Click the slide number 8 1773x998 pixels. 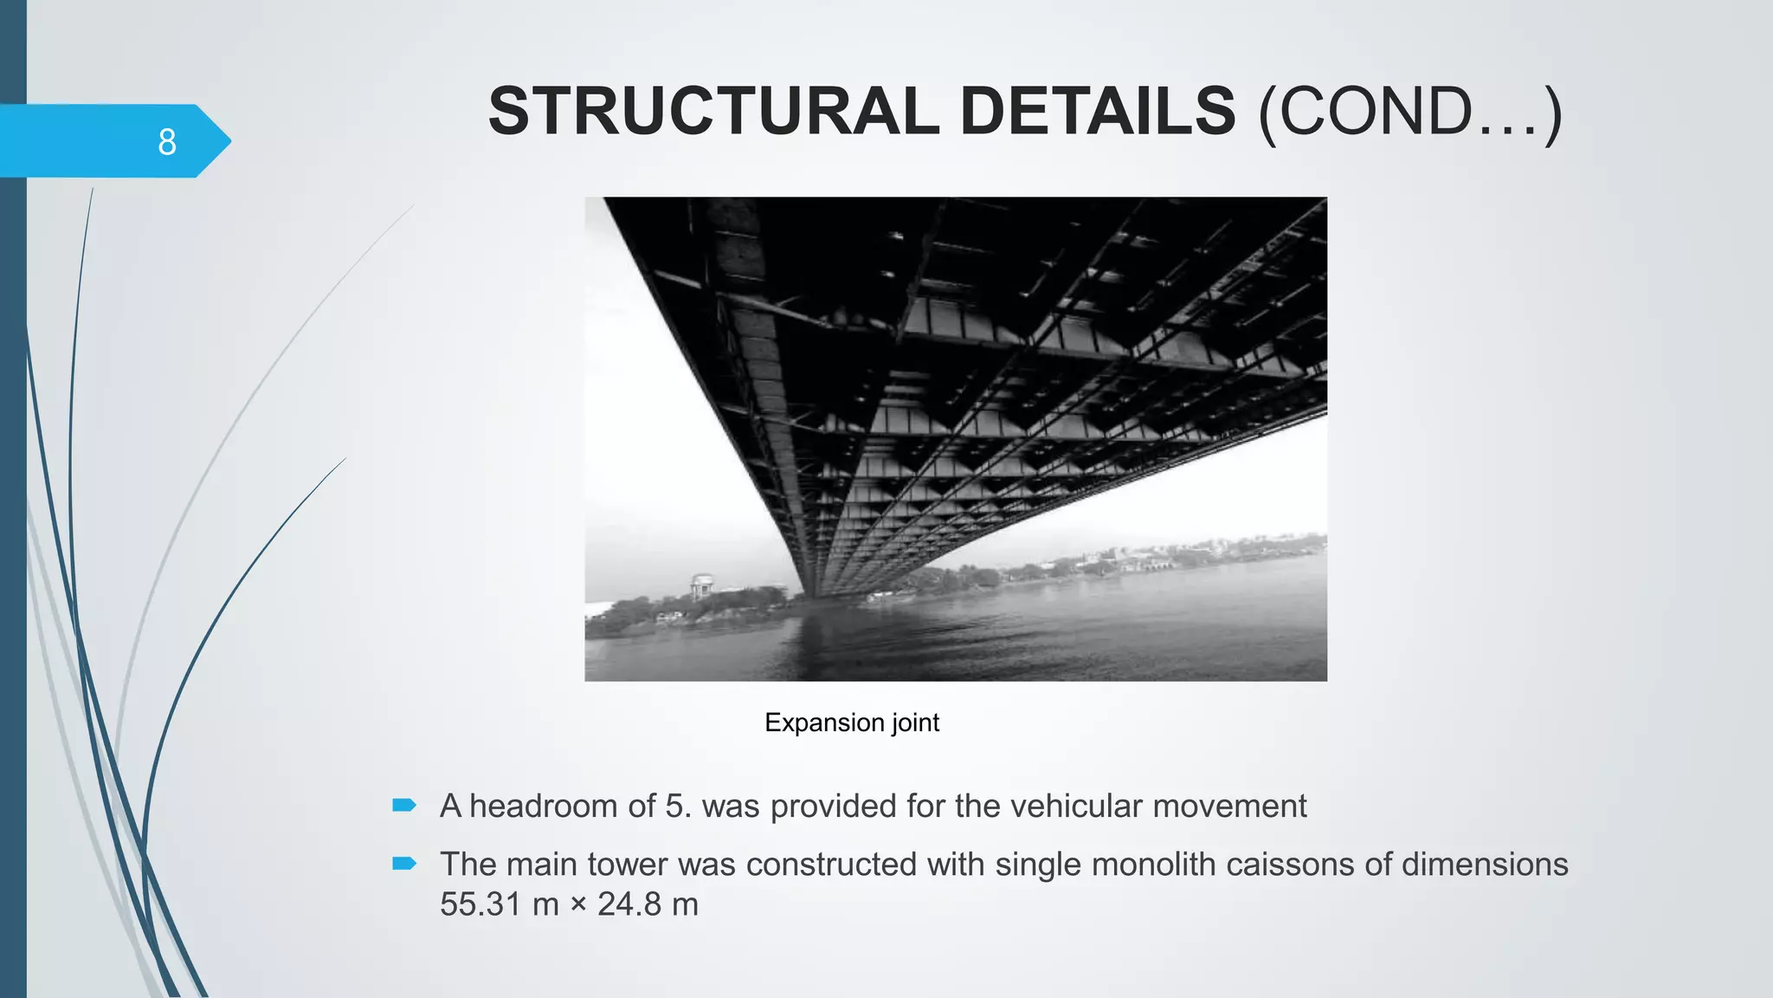[x=167, y=141]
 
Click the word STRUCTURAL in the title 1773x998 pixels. [x=713, y=112]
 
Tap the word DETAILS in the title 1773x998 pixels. [x=1097, y=112]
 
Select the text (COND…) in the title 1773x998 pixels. [x=1409, y=112]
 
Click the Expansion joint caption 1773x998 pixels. [x=852, y=723]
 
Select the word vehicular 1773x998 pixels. [x=1076, y=806]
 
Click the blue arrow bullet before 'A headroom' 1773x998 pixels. [x=404, y=806]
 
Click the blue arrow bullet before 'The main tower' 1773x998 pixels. [x=404, y=863]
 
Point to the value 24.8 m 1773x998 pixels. [x=648, y=904]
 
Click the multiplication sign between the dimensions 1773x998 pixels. [x=578, y=905]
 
